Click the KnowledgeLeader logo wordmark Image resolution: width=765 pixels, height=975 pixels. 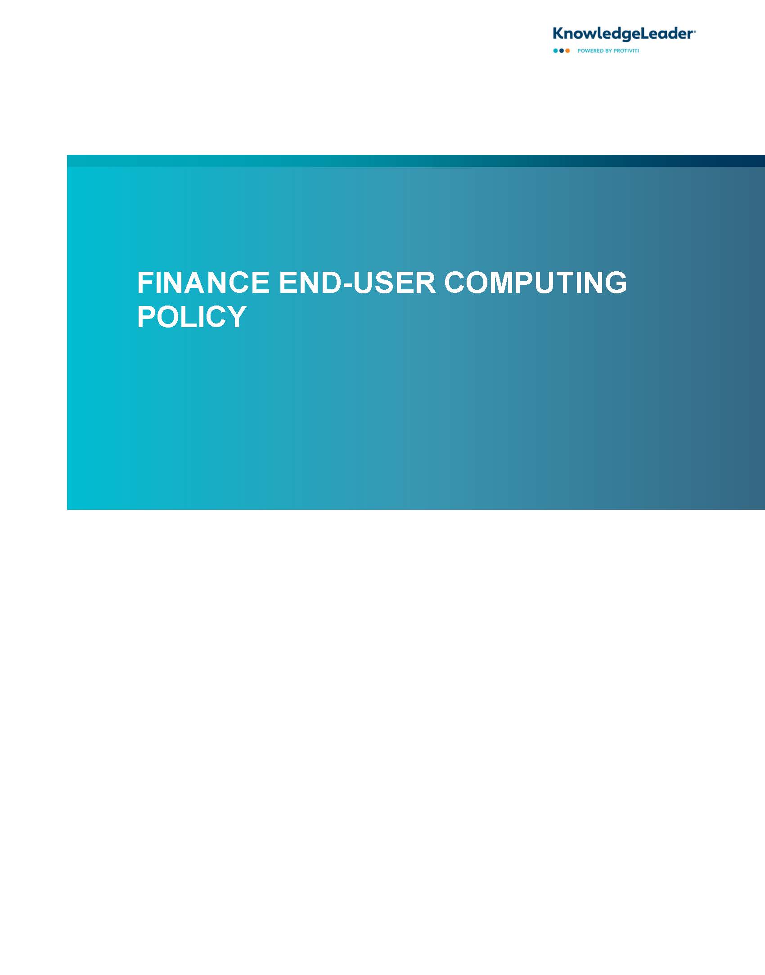pyautogui.click(x=624, y=34)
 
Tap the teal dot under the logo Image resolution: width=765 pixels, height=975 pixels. pyautogui.click(x=556, y=51)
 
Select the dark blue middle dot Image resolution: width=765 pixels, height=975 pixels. pyautogui.click(x=562, y=51)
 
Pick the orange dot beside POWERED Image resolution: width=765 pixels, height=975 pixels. pyautogui.click(x=567, y=51)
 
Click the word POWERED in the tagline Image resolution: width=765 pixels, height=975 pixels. pyautogui.click(x=591, y=51)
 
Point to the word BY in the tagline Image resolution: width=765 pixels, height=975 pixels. pyautogui.click(x=609, y=51)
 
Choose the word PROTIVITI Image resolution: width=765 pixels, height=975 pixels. pyautogui.click(x=626, y=51)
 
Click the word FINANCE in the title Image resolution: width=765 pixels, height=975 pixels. pyautogui.click(x=203, y=283)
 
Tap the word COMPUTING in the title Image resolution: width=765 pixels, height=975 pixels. pyautogui.click(x=535, y=283)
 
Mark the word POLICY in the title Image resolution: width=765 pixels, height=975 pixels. pyautogui.click(x=192, y=316)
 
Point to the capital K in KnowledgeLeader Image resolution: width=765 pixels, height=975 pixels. pyautogui.click(x=558, y=34)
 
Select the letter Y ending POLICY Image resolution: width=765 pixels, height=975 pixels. pyautogui.click(x=236, y=316)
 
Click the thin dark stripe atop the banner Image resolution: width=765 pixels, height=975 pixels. pyautogui.click(x=416, y=161)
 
